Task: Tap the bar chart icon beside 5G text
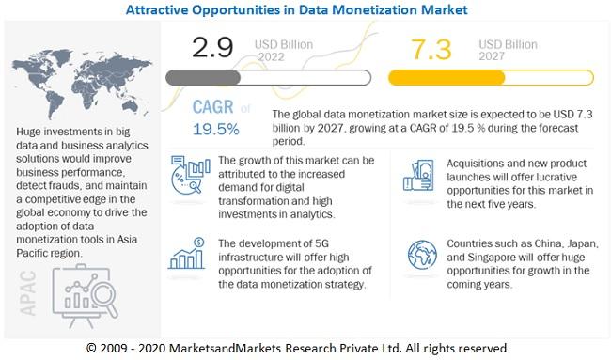(187, 257)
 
